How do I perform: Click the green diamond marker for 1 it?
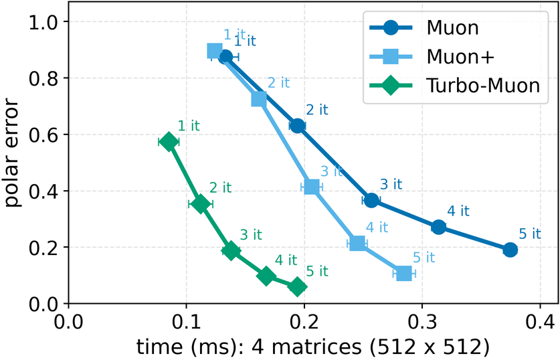169,141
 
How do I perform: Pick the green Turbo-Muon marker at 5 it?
298,286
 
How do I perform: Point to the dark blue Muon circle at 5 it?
510,250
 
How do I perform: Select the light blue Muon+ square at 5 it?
403,273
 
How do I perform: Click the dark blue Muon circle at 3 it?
372,200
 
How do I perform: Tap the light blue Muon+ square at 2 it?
259,100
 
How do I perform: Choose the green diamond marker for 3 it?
231,251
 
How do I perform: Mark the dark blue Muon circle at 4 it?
438,227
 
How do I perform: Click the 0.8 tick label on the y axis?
43,78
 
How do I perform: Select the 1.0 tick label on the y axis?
43,22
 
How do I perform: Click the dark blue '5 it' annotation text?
530,234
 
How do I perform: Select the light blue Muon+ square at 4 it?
357,243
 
